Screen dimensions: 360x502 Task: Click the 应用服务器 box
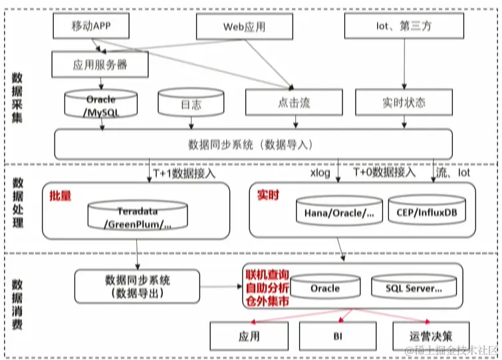click(99, 65)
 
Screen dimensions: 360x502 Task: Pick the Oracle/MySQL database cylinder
click(100, 105)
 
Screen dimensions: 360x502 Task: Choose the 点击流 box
click(293, 103)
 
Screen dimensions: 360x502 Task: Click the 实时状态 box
click(404, 103)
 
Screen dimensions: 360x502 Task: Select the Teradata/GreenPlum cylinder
click(138, 216)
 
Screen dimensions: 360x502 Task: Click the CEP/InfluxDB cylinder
click(426, 212)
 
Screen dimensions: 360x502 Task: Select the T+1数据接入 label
click(184, 173)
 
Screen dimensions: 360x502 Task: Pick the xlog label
click(320, 173)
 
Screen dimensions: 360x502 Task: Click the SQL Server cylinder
click(414, 288)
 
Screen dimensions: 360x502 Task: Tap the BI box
click(337, 336)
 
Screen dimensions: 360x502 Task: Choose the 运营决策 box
click(431, 336)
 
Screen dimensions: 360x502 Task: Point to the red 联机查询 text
click(267, 275)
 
